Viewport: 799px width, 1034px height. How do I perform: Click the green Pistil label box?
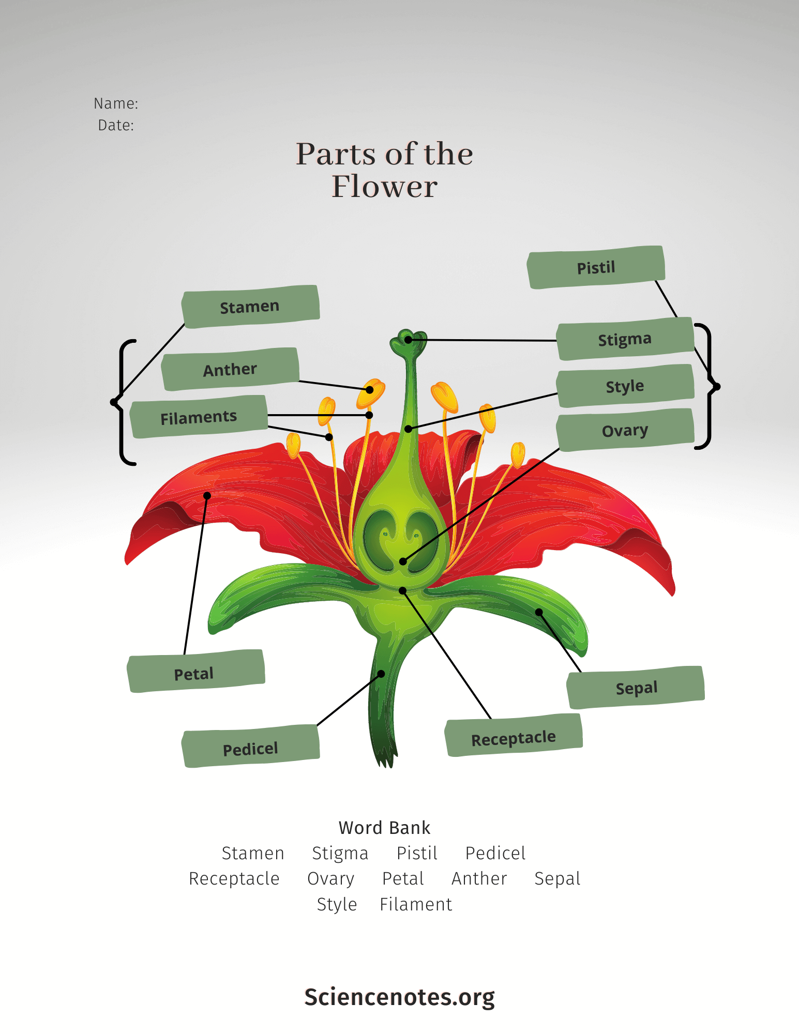click(x=596, y=267)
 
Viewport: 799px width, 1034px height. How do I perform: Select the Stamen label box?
click(x=250, y=307)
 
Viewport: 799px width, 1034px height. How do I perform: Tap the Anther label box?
click(x=230, y=369)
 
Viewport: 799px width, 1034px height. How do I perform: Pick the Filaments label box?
click(x=199, y=417)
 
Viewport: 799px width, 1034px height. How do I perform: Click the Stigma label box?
click(x=625, y=339)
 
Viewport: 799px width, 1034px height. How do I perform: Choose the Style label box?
click(x=625, y=386)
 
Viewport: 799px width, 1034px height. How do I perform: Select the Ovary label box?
click(x=625, y=430)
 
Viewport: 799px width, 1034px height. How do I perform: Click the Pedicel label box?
click(x=251, y=747)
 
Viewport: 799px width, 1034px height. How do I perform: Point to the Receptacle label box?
click(x=514, y=736)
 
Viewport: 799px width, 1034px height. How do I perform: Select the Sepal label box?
click(x=636, y=688)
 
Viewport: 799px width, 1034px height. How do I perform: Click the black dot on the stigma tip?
click(x=409, y=340)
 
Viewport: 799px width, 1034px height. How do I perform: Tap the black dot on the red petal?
click(x=207, y=496)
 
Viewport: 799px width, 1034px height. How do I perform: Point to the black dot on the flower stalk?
click(x=381, y=674)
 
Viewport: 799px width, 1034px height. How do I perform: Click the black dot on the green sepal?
click(x=539, y=612)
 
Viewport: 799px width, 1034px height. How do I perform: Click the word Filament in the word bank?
click(x=416, y=904)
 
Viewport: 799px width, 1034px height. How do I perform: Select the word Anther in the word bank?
click(x=479, y=878)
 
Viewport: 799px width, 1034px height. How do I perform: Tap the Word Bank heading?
click(x=384, y=828)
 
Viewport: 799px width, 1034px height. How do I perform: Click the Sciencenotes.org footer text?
click(x=399, y=997)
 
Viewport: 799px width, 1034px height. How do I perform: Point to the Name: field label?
click(x=116, y=103)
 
